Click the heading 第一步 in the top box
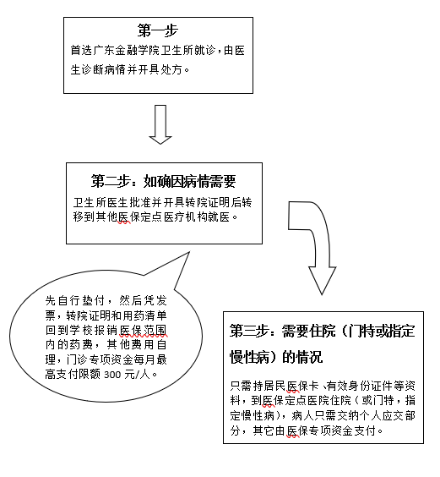click(x=157, y=30)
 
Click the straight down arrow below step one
click(x=160, y=124)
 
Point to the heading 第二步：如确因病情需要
click(x=164, y=181)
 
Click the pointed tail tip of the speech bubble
click(x=189, y=252)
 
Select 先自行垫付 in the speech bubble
click(x=75, y=300)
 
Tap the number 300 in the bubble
click(x=112, y=375)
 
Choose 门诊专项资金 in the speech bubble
click(x=100, y=359)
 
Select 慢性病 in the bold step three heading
click(x=249, y=357)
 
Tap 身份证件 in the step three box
click(x=371, y=386)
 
